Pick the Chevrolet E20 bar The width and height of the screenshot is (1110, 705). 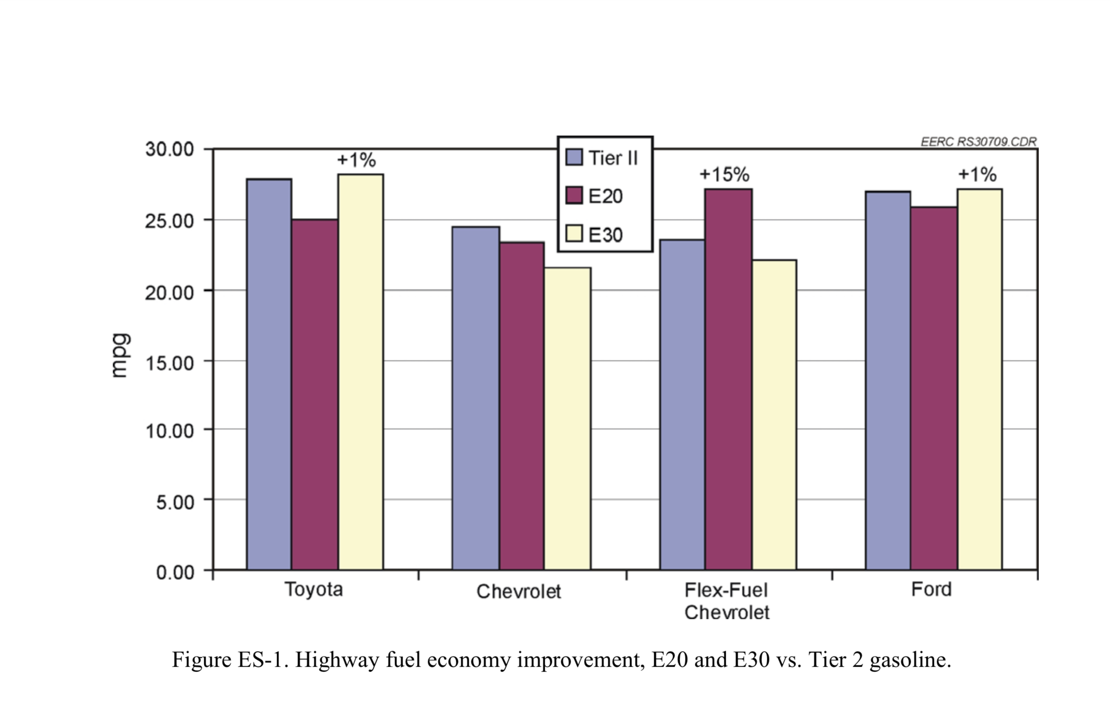point(522,406)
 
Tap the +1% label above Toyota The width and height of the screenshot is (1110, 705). point(356,160)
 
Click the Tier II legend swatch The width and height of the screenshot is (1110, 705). point(574,157)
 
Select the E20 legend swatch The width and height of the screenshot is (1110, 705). point(574,195)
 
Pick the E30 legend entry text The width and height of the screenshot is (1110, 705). point(605,235)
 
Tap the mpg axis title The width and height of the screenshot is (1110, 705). point(119,355)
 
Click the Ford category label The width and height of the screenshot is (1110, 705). point(931,589)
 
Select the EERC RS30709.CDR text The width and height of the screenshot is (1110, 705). point(979,142)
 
